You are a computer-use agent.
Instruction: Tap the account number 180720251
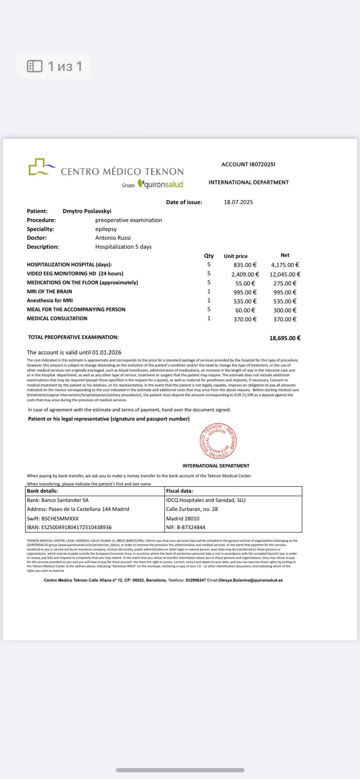click(x=262, y=165)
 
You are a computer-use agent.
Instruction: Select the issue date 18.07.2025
click(x=238, y=202)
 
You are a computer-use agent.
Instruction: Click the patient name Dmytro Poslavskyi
click(x=87, y=211)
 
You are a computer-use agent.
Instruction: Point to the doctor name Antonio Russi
click(x=113, y=238)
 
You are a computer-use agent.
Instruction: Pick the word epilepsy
click(x=106, y=229)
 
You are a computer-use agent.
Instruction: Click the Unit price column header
click(x=236, y=256)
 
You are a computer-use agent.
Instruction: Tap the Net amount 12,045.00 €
click(x=285, y=274)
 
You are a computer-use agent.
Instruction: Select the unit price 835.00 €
click(x=245, y=265)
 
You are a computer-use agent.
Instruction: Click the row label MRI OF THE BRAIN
click(x=49, y=292)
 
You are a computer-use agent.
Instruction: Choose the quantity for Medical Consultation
click(x=209, y=319)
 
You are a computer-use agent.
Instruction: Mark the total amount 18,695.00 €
click(x=285, y=338)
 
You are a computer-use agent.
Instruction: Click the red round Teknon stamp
click(x=218, y=441)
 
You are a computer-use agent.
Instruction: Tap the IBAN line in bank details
click(x=69, y=527)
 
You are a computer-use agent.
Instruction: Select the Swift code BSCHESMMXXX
click(x=60, y=518)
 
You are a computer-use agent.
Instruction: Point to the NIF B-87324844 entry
click(x=186, y=527)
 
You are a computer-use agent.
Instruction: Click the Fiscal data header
click(x=179, y=491)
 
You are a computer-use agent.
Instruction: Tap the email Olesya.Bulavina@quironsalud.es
click(x=250, y=580)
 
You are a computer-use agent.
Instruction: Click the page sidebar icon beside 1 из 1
click(x=35, y=66)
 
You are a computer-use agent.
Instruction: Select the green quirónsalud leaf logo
click(x=140, y=183)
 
